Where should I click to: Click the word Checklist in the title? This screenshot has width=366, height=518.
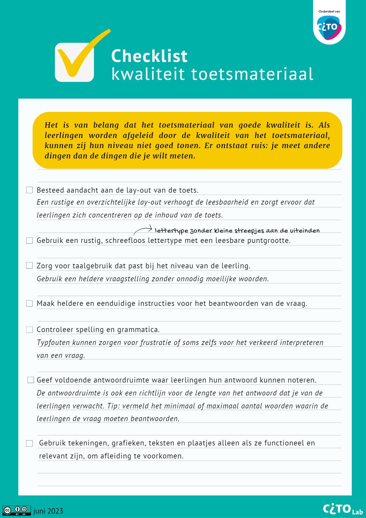point(149,56)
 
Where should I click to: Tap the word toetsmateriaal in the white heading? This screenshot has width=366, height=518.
point(252,74)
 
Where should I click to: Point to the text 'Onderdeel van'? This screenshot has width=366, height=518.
point(329,11)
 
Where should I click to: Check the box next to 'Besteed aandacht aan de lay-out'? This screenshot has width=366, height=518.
point(30,190)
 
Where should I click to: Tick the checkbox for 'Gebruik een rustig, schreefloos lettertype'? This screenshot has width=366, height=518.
point(30,241)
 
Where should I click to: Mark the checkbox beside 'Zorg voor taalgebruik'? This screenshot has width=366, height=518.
point(30,265)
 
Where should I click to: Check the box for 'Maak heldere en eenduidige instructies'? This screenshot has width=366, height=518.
point(30,304)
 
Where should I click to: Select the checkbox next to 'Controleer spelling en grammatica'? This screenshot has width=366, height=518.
point(30,329)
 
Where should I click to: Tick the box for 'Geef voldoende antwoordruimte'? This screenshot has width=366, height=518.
point(31,380)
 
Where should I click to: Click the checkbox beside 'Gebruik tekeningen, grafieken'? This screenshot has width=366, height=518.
point(30,443)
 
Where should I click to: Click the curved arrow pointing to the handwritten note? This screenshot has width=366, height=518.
point(143,229)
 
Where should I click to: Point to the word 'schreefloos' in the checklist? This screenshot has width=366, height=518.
point(125,241)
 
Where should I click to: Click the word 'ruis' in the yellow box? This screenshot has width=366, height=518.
point(260,146)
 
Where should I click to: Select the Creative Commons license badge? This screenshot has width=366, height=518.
point(17,510)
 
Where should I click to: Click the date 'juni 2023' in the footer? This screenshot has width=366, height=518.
point(48,511)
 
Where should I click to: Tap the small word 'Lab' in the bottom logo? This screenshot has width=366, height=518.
point(357,512)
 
